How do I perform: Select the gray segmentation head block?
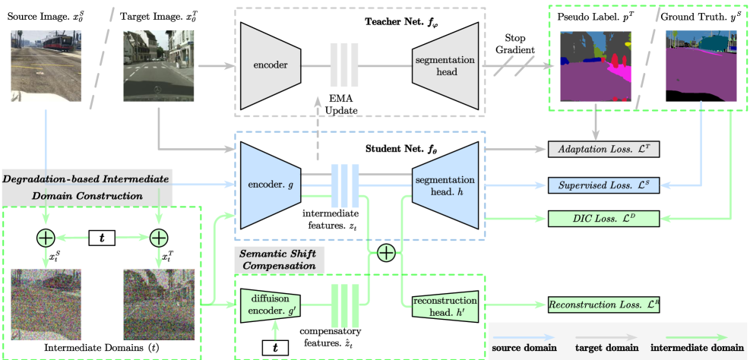(445, 65)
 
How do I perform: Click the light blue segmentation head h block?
(445, 185)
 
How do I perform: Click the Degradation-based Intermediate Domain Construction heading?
(87, 187)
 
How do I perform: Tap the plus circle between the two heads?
(386, 252)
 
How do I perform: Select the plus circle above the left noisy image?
(46, 238)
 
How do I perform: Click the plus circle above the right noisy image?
(158, 238)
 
